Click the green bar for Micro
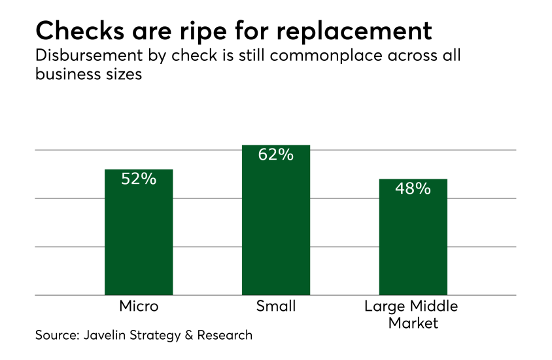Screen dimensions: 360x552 pyautogui.click(x=139, y=242)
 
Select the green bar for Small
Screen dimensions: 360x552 pyautogui.click(x=275, y=229)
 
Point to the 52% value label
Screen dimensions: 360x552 pyautogui.click(x=139, y=179)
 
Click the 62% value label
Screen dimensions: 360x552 pyautogui.click(x=275, y=155)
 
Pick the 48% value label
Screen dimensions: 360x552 pyautogui.click(x=413, y=189)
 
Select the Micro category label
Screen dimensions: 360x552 pyautogui.click(x=139, y=306)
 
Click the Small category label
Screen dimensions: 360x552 pyautogui.click(x=276, y=306)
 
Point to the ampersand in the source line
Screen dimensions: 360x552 pyautogui.click(x=188, y=336)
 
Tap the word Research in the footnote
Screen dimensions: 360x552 pyautogui.click(x=224, y=336)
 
